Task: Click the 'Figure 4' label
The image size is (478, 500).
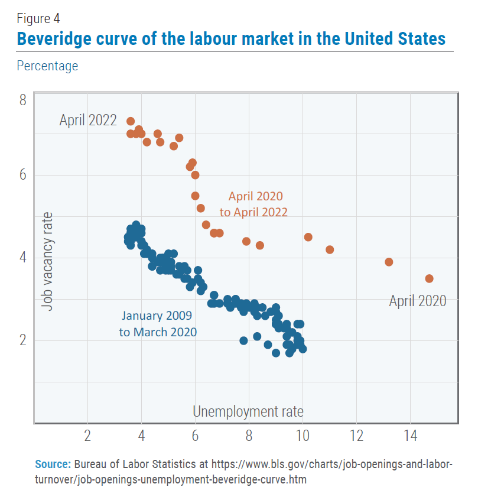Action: (38, 18)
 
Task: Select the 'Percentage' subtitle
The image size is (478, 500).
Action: (47, 66)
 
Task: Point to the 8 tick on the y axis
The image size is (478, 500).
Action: (22, 99)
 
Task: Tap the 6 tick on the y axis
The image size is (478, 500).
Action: (22, 176)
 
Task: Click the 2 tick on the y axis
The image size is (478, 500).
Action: (22, 340)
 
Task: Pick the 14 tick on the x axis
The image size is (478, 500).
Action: (410, 437)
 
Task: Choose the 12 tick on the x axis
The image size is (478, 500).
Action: (356, 437)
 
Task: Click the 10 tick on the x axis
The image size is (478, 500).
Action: (303, 437)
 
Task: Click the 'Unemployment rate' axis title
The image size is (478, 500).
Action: (248, 411)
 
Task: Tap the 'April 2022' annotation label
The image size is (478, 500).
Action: (88, 121)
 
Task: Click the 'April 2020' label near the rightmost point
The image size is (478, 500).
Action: (417, 301)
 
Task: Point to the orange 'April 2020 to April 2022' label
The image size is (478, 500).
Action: (258, 204)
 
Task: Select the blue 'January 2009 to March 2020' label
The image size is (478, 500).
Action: (158, 324)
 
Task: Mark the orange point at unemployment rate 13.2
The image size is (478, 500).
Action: (389, 262)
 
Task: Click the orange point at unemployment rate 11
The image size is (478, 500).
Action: (330, 249)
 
